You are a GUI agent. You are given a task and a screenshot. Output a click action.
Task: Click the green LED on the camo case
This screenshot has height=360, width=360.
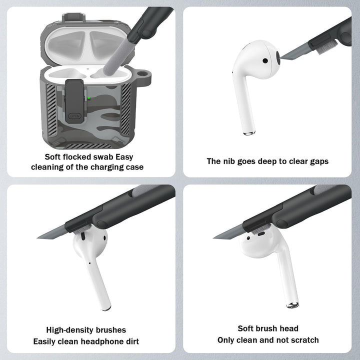coord(89,98)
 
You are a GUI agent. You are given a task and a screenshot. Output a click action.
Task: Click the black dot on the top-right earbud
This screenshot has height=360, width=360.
coord(264,60)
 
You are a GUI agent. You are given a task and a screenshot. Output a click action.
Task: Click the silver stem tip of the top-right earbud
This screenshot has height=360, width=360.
coord(249,133)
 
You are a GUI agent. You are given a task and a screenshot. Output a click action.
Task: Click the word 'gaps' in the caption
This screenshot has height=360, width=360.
coord(317,161)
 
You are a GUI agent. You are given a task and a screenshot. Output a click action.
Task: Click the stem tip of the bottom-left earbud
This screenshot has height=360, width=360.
coord(106,308)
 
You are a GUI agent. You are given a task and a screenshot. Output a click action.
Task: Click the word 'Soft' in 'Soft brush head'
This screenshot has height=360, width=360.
coord(247,328)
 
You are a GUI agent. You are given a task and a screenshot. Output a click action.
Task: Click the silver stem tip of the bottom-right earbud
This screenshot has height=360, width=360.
coord(292,304)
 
